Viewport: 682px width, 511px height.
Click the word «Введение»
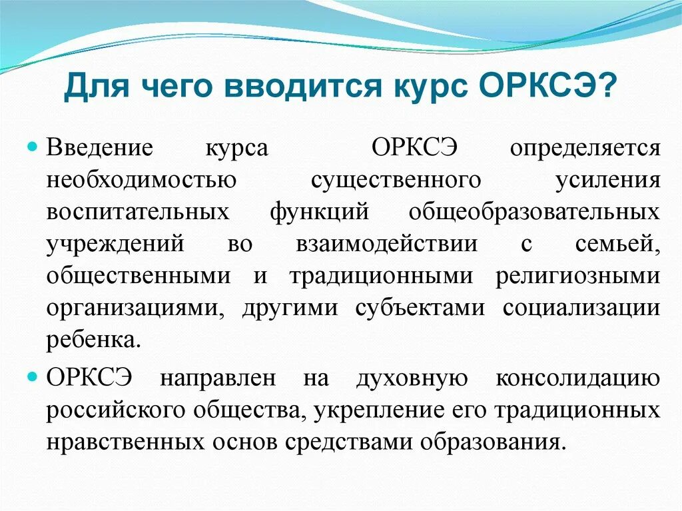tap(100, 148)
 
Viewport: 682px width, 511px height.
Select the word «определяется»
tap(585, 148)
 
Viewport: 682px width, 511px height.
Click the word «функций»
tap(320, 212)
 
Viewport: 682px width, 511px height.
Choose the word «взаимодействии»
tap(386, 244)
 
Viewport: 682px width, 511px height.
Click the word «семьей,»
tap(617, 244)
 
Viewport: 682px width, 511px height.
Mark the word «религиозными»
tap(577, 276)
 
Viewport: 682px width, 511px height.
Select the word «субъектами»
tap(420, 308)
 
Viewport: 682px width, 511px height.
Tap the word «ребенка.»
tap(94, 340)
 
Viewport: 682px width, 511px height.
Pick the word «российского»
tap(116, 410)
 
